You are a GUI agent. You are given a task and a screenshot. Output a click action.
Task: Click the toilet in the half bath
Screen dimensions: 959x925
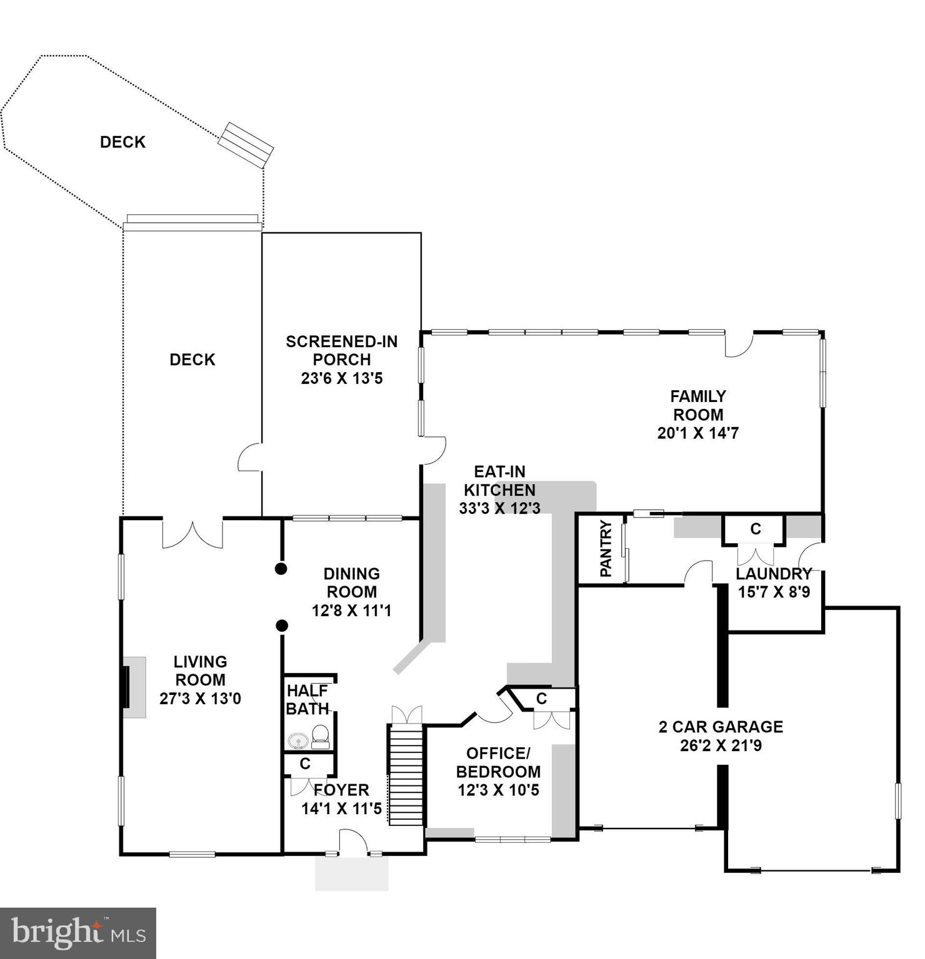(320, 736)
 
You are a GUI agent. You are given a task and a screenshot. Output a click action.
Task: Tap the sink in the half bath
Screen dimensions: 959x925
(299, 740)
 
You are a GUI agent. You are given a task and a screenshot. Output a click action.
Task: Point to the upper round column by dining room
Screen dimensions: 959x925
(281, 568)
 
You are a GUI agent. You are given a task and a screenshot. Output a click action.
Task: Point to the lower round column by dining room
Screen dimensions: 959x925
(282, 625)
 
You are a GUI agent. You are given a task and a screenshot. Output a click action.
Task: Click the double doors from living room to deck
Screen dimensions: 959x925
(192, 534)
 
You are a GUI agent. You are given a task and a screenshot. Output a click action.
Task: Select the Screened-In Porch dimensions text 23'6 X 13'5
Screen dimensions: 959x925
(342, 378)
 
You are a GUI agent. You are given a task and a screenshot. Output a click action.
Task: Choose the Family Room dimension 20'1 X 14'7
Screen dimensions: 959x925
(697, 433)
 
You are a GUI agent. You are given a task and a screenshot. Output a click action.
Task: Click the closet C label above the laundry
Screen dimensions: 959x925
(755, 529)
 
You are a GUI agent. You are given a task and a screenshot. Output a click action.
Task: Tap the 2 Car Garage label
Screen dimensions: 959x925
(721, 727)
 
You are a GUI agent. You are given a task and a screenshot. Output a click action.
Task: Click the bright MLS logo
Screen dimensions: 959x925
(78, 933)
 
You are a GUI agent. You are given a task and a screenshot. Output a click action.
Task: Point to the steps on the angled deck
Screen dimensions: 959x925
(246, 144)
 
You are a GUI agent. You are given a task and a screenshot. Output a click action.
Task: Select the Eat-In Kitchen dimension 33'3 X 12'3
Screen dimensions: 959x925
(499, 508)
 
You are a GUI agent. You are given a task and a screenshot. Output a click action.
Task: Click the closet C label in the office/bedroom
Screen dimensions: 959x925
(541, 699)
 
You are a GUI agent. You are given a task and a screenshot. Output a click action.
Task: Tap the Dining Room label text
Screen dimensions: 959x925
(351, 583)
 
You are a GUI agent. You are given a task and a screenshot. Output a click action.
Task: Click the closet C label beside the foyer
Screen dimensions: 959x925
(305, 764)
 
